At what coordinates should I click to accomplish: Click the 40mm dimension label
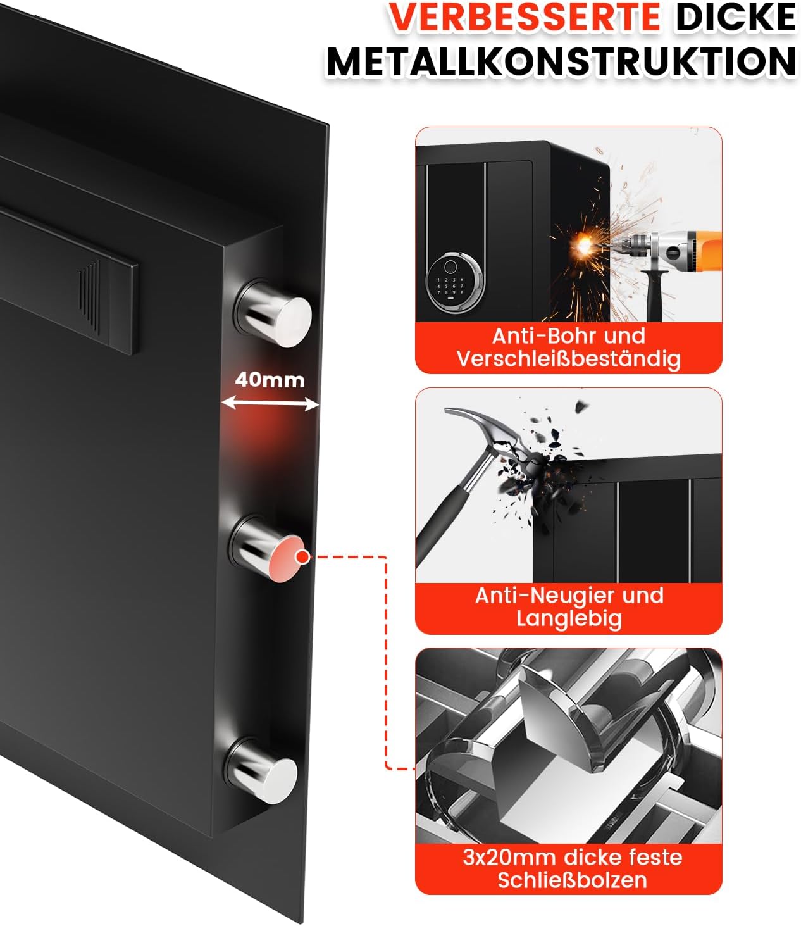coord(270,380)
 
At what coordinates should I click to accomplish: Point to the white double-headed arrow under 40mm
coord(270,404)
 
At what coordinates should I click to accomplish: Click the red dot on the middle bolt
coord(303,557)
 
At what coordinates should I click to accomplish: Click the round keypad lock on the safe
coord(454,281)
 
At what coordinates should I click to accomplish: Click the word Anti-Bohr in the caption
coord(534,336)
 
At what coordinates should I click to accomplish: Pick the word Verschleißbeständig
coord(569,359)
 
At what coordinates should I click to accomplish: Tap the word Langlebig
coord(569,619)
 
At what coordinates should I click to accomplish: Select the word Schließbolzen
coord(572,880)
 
